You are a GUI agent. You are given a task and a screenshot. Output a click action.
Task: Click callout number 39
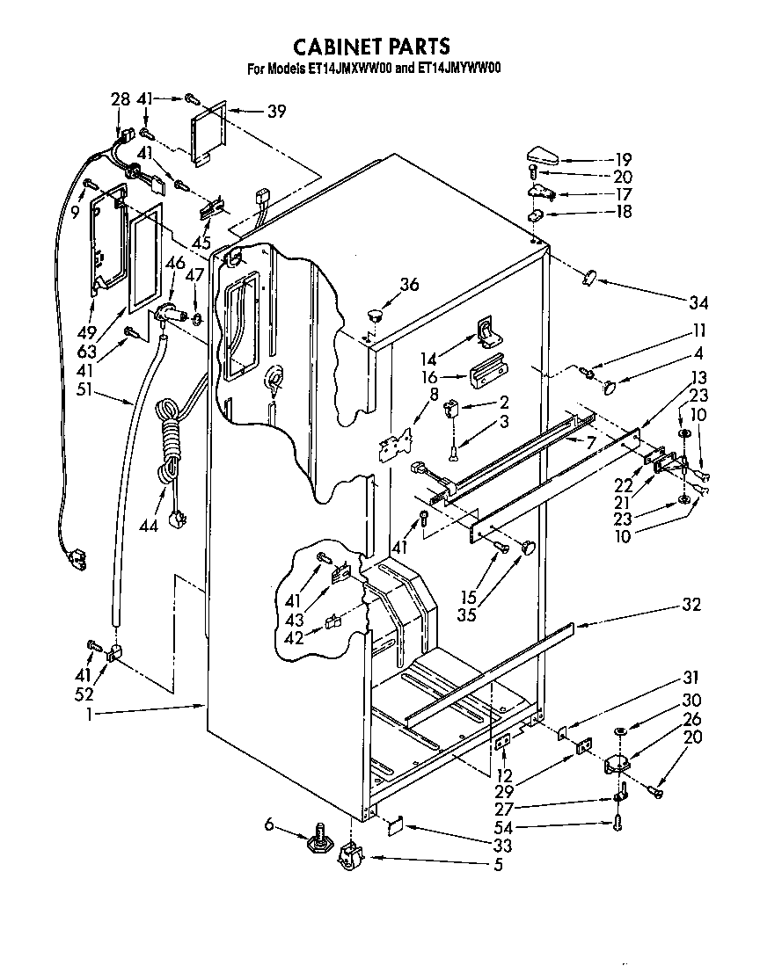click(277, 111)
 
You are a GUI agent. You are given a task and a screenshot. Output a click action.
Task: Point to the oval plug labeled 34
click(588, 278)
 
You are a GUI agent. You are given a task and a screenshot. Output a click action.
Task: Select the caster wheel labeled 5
click(351, 859)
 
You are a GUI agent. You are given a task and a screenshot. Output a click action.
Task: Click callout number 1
click(92, 715)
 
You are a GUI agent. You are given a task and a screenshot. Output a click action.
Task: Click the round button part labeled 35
click(530, 548)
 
